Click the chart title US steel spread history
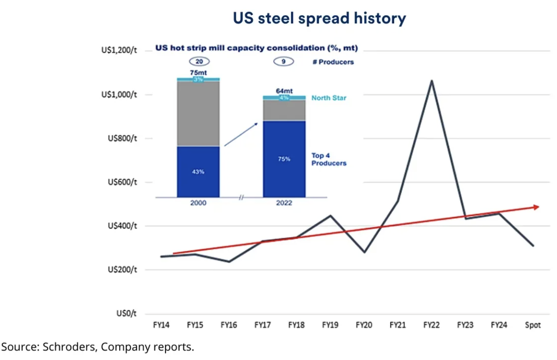pyautogui.click(x=319, y=18)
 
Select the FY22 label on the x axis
pyautogui.click(x=431, y=325)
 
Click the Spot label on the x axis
pyautogui.click(x=533, y=325)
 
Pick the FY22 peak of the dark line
pyautogui.click(x=431, y=81)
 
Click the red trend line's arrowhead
pyautogui.click(x=536, y=207)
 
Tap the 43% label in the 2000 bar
pyautogui.click(x=198, y=172)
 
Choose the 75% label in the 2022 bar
pyautogui.click(x=284, y=159)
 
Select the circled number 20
pyautogui.click(x=199, y=61)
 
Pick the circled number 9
pyautogui.click(x=284, y=61)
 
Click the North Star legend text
pyautogui.click(x=329, y=98)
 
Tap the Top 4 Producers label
pyautogui.click(x=329, y=159)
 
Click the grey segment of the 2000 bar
pyautogui.click(x=198, y=113)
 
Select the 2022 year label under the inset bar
pyautogui.click(x=284, y=203)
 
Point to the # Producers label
pyautogui.click(x=333, y=62)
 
